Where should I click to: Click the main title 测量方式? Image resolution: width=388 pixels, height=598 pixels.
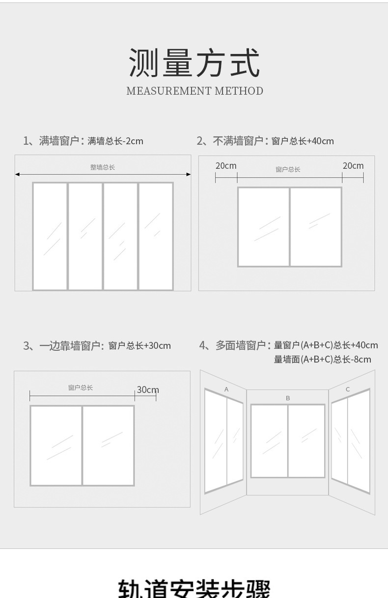click(x=194, y=63)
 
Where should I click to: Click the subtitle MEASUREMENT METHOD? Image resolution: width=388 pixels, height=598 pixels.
click(x=194, y=91)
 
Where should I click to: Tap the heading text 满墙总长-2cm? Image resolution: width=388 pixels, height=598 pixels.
click(x=115, y=141)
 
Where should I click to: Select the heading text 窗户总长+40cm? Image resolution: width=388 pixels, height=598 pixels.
click(x=302, y=141)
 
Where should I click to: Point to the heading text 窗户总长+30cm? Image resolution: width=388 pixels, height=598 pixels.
click(x=139, y=346)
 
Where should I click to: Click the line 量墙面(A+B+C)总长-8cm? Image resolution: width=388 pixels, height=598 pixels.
click(x=322, y=360)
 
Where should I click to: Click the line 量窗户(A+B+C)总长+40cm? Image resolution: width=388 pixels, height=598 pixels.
click(x=326, y=345)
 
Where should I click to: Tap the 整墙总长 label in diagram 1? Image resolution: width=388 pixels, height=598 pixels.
click(x=103, y=167)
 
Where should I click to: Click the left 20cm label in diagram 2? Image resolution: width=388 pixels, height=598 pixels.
click(x=226, y=166)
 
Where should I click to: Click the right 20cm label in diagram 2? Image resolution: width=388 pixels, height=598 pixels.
click(x=353, y=166)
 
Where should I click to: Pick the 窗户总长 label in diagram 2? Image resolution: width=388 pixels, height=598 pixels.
click(x=288, y=169)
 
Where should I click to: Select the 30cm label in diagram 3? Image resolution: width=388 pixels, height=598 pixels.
click(x=147, y=390)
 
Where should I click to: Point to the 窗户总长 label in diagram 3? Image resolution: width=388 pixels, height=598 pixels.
click(x=81, y=388)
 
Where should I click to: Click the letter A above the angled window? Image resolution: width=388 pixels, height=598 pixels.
click(x=226, y=389)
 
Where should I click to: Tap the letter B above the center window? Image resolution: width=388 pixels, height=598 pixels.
click(x=288, y=398)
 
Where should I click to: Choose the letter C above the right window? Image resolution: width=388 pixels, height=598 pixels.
click(x=348, y=389)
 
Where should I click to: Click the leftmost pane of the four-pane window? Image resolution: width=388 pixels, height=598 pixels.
click(x=50, y=236)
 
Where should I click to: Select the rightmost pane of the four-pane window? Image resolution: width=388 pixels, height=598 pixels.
click(x=156, y=236)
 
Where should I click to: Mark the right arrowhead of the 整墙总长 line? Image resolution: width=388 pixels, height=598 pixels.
click(x=189, y=174)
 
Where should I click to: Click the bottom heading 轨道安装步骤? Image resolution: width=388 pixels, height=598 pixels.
click(x=194, y=589)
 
